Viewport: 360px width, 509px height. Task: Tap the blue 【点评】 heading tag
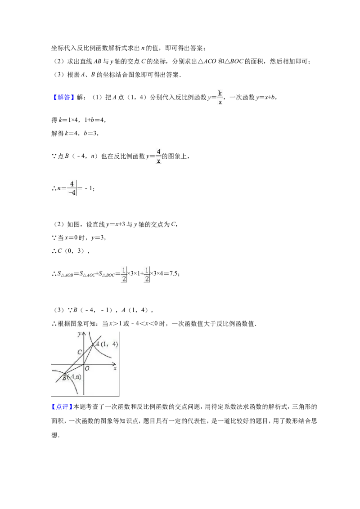(62, 407)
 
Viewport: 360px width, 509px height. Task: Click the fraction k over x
(220, 98)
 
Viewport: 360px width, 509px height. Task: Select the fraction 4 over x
(158, 156)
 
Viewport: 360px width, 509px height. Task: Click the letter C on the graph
(79, 352)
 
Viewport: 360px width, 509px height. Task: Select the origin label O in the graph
(87, 369)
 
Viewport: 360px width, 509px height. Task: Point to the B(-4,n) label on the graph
(72, 377)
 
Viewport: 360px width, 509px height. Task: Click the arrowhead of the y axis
(84, 333)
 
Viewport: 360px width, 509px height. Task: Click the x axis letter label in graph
(115, 369)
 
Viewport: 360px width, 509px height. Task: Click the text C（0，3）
(71, 251)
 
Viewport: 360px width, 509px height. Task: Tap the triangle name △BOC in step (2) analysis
(234, 61)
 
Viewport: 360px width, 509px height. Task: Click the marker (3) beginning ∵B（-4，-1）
(59, 310)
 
